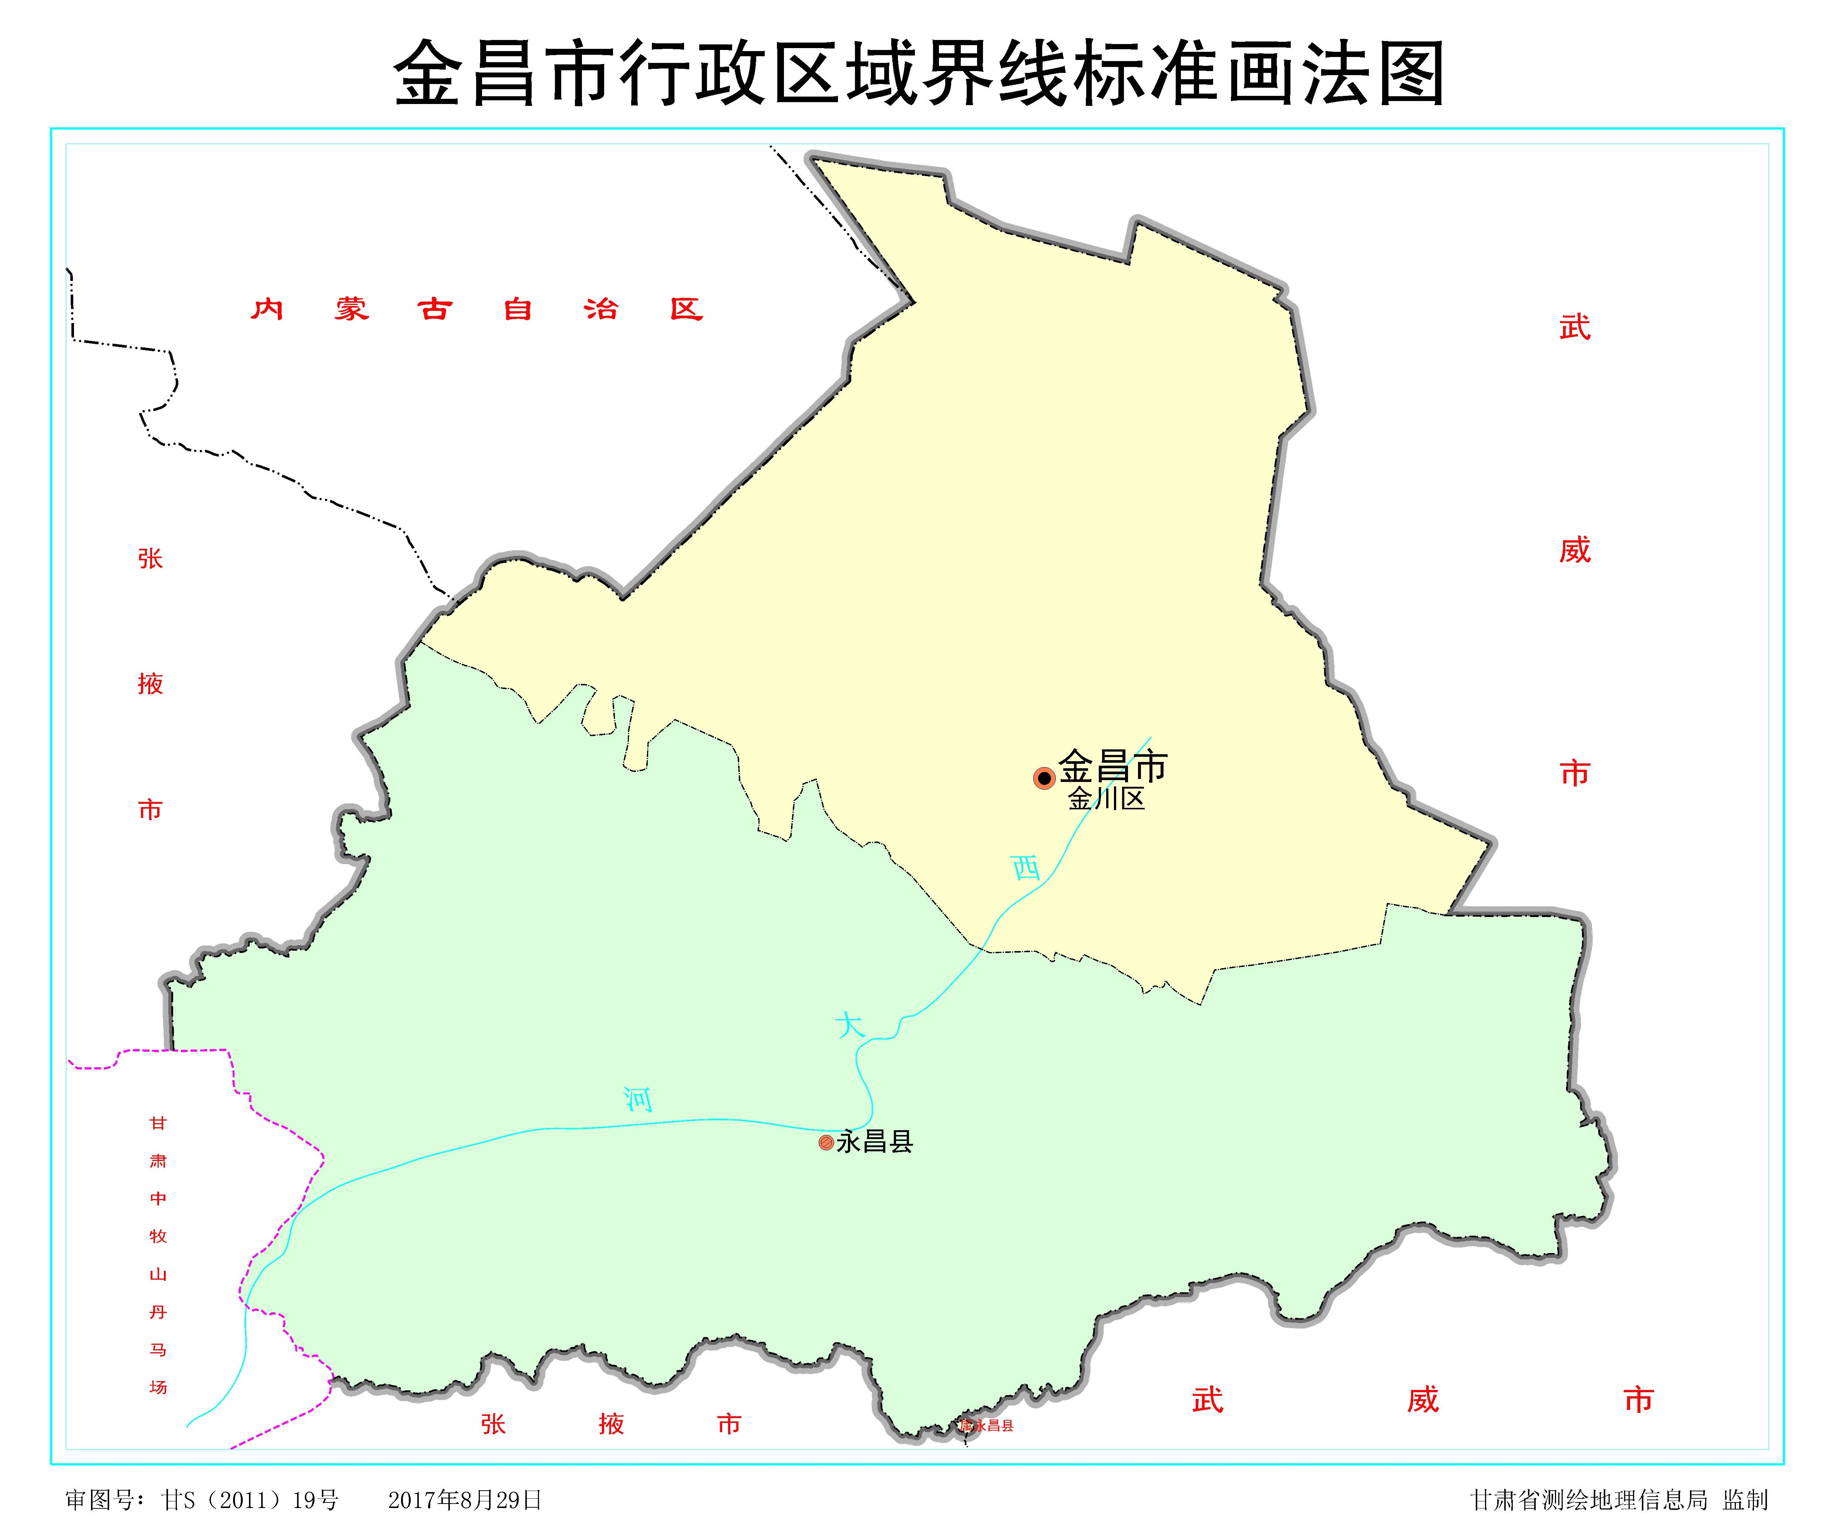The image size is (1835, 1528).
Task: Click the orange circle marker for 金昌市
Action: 1044,778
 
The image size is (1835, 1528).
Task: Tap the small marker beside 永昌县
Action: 826,1142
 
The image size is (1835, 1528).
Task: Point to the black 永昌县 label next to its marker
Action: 875,1142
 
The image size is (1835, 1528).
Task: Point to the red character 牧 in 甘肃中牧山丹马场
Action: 158,1236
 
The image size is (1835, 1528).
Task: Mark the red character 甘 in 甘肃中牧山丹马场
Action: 158,1123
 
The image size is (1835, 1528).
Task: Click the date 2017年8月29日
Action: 465,1500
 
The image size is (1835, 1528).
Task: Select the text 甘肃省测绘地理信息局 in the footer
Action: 1589,1500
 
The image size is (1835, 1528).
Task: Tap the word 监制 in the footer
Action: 1745,1500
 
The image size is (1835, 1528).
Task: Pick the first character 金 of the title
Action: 428,74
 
